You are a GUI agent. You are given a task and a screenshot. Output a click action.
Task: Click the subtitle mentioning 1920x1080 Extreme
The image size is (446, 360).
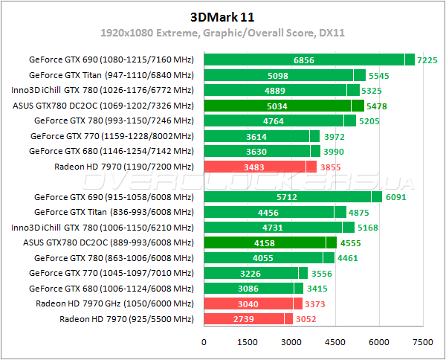223,34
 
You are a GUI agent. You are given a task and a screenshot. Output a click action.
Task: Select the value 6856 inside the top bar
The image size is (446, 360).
304,60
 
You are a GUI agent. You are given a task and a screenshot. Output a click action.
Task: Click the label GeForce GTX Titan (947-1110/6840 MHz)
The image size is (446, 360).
111,75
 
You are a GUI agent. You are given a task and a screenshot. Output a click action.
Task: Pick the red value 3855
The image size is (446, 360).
330,167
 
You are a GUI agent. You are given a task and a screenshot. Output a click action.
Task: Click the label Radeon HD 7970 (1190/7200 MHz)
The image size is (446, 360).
123,167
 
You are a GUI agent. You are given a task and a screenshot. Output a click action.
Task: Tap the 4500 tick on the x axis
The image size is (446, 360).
335,342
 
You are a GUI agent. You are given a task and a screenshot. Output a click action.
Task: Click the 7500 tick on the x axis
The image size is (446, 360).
423,342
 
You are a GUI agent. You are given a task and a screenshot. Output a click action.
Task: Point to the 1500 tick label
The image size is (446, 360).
248,342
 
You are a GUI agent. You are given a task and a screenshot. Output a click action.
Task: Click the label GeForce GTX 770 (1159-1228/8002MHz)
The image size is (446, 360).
111,137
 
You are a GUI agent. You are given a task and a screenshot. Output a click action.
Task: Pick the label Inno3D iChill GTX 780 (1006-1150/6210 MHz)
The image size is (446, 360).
109,228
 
